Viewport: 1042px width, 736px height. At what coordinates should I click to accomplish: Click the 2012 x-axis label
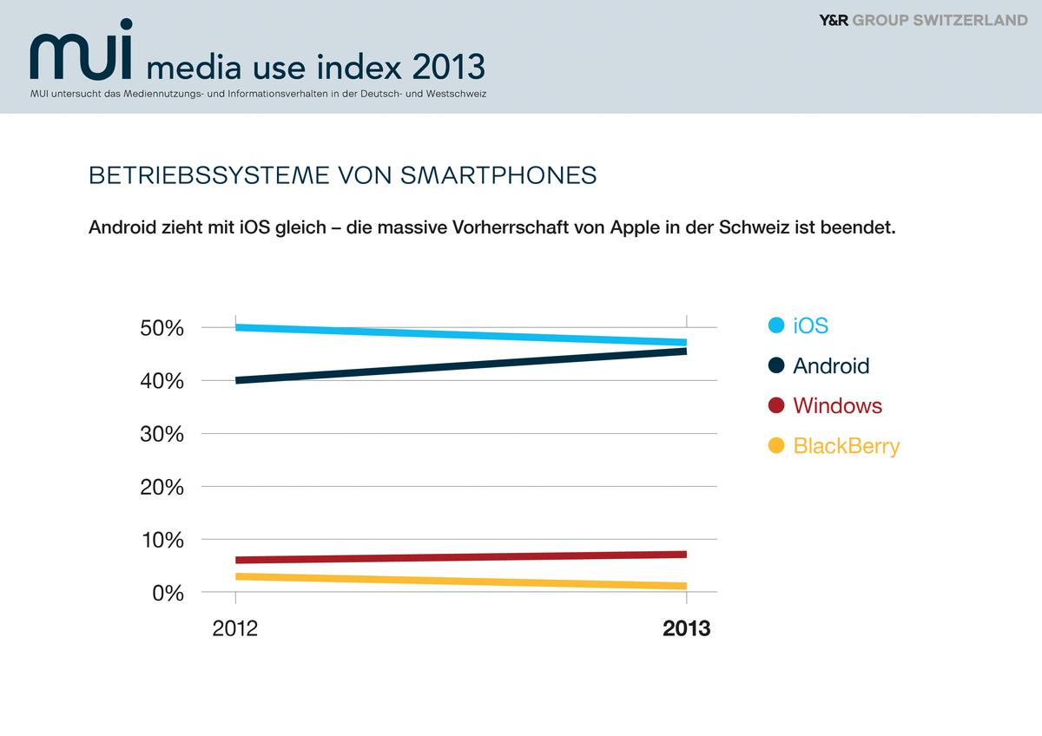[235, 628]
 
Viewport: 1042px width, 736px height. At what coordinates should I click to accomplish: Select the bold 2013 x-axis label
[686, 628]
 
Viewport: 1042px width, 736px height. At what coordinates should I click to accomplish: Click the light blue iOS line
[460, 334]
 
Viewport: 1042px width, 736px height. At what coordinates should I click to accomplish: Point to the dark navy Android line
[460, 365]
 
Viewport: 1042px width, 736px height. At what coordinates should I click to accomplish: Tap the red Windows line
[460, 557]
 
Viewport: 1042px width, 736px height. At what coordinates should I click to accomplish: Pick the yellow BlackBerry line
[460, 581]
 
